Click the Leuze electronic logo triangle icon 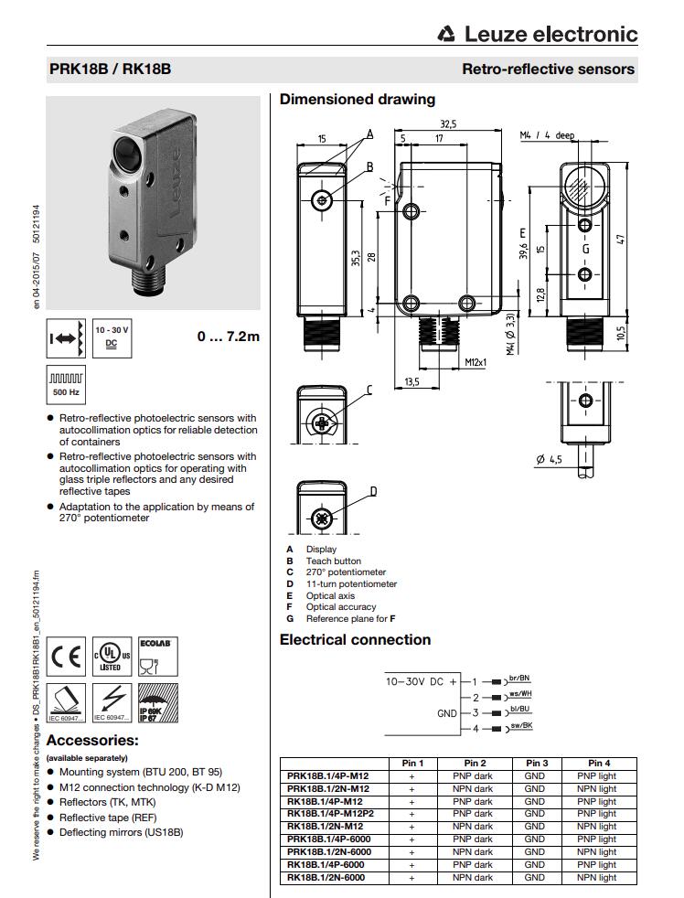tap(446, 35)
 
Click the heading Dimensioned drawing tap(357, 99)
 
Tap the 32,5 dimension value tap(448, 124)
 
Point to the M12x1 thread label tap(475, 362)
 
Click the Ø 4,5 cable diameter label tap(549, 460)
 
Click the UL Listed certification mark tap(112, 657)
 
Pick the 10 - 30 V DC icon tap(112, 337)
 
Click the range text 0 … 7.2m tap(228, 337)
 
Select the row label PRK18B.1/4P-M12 tap(327, 775)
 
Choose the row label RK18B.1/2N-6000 tap(326, 877)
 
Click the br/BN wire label tap(518, 678)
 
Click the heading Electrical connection tap(355, 639)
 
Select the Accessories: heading tap(92, 740)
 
